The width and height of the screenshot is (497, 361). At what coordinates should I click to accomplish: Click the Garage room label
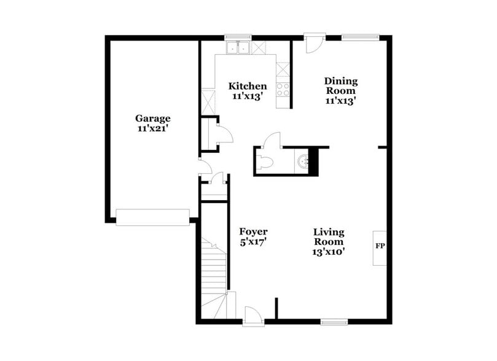pos(152,118)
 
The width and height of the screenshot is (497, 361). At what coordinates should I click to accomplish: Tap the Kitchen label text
pos(248,86)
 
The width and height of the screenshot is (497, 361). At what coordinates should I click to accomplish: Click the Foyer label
pos(253,231)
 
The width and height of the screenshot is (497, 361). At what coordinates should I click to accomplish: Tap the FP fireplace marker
pos(380,246)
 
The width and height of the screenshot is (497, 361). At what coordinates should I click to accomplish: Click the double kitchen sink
pos(237,47)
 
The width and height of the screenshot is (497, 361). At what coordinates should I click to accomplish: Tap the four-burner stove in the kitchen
pos(283,88)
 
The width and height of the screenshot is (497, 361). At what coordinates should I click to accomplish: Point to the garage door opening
pos(152,217)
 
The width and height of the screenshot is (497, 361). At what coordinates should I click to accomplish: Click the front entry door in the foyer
pos(253,316)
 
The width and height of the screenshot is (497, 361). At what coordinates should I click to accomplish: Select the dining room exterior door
pos(313,43)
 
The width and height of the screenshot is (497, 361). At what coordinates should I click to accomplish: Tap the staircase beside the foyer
pos(215,270)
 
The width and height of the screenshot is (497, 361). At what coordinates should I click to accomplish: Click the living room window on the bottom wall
pos(334,321)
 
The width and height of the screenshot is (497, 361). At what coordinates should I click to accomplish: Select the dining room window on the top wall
pos(360,37)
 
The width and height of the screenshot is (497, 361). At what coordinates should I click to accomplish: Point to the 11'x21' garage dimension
pos(153,129)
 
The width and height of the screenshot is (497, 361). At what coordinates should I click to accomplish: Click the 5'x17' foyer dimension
pos(253,242)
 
